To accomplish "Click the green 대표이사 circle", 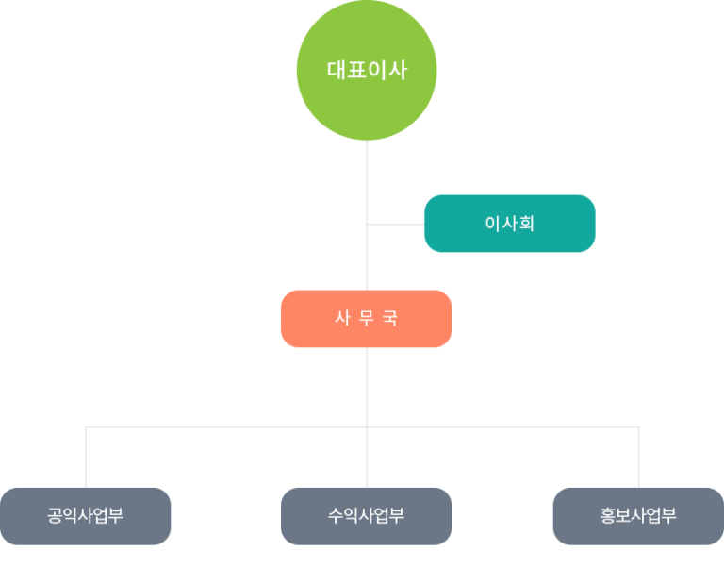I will pos(367,70).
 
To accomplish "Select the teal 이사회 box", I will pos(509,224).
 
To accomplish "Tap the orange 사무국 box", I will pos(367,319).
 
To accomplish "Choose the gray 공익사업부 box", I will pos(86,516).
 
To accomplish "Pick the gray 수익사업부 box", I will pos(367,516).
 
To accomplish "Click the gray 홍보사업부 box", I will pos(638,516).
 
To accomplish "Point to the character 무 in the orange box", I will pos(367,319).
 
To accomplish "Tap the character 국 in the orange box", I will pos(390,319).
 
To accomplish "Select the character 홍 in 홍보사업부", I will pos(609,516).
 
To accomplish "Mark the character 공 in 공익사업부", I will pos(57,516).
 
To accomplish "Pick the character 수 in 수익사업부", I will pos(337,516).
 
